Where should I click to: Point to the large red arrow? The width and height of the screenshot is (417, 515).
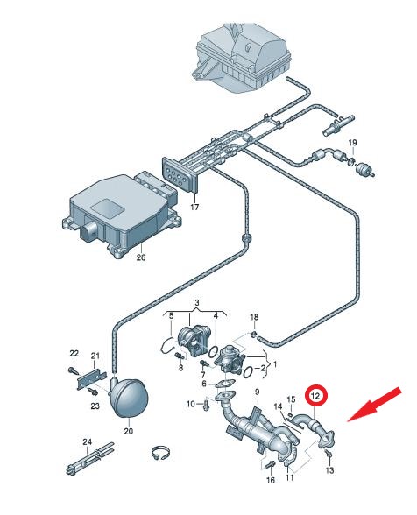(x=375, y=405)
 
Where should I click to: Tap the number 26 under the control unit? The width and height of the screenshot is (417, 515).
(x=141, y=257)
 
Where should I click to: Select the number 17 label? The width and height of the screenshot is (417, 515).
(x=194, y=208)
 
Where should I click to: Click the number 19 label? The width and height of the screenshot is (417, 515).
(x=352, y=143)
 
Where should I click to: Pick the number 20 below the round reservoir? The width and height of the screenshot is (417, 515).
(x=128, y=431)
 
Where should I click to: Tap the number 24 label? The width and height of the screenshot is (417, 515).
(x=87, y=441)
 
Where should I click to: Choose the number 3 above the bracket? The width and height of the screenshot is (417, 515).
(x=196, y=303)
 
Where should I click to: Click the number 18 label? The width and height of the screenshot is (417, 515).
(x=254, y=317)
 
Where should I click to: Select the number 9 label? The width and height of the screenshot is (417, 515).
(x=257, y=392)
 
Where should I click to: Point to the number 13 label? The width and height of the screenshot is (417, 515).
(x=329, y=470)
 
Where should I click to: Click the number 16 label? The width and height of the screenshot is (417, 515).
(x=270, y=480)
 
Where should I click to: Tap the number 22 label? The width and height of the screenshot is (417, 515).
(x=74, y=354)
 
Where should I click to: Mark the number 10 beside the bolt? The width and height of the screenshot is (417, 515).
(x=191, y=404)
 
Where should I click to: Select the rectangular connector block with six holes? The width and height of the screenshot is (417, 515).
(x=180, y=175)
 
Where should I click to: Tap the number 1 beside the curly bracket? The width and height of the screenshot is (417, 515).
(x=275, y=364)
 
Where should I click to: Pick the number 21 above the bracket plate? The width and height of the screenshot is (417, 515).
(x=95, y=356)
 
